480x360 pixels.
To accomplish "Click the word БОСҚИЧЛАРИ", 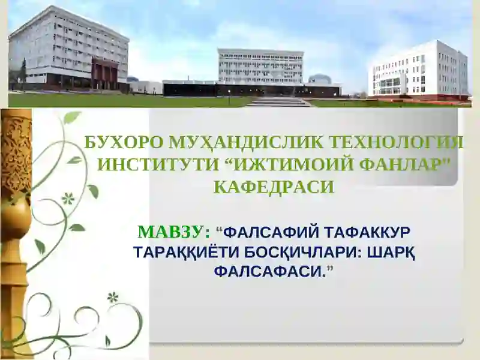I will (292, 252).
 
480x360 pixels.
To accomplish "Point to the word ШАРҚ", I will (388, 252).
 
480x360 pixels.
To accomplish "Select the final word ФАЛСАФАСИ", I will (270, 272).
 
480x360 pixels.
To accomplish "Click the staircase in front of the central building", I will (280, 102).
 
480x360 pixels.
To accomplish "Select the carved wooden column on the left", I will (15, 228).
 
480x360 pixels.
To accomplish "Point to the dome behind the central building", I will (319, 79).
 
